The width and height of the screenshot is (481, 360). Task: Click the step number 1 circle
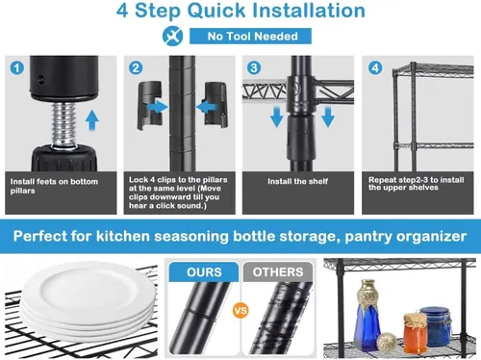pos(17,68)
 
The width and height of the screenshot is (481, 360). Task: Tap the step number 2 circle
pos(136,68)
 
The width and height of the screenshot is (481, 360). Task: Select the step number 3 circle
pos(254,68)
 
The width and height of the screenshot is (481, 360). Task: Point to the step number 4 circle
pos(375,68)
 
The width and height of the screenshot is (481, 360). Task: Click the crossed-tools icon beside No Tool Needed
pos(172,36)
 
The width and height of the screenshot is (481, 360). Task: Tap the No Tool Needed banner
pos(250,36)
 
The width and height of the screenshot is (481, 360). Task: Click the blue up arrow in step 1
pos(92,120)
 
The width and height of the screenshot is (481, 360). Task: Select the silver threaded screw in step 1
pos(63,123)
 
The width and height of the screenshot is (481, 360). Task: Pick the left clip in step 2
pos(149,106)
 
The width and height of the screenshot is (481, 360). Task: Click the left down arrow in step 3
pos(276,117)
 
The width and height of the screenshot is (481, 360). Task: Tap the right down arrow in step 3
pos(328,117)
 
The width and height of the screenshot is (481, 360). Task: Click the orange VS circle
pos(240,311)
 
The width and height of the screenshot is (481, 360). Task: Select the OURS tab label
pos(204,272)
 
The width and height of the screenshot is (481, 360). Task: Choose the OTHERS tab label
pos(278,272)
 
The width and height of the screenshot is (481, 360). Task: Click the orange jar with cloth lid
pos(416,333)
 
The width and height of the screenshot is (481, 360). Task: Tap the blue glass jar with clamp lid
pos(436,325)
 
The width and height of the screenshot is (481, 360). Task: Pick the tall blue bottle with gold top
pos(367,315)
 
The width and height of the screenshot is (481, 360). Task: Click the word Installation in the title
pos(309,11)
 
